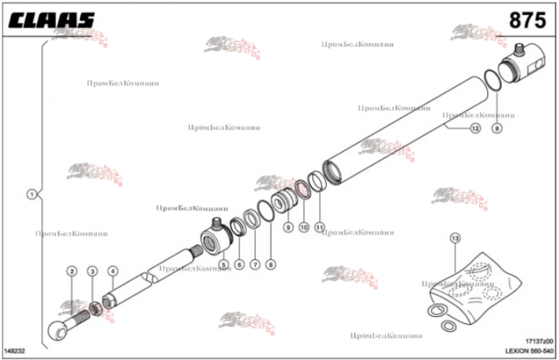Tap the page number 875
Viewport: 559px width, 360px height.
point(527,20)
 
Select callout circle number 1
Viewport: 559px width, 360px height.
point(31,193)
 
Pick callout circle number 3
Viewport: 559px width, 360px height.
point(93,271)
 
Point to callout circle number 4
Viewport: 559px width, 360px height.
point(113,271)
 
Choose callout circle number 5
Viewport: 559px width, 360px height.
point(224,264)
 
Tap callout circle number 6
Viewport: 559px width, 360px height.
point(239,264)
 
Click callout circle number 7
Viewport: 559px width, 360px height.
point(255,264)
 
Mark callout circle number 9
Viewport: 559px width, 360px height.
point(288,227)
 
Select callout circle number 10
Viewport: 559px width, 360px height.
point(303,227)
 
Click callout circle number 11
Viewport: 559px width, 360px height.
point(319,227)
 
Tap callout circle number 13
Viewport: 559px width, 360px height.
point(455,238)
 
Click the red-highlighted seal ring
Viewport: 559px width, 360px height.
point(303,190)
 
